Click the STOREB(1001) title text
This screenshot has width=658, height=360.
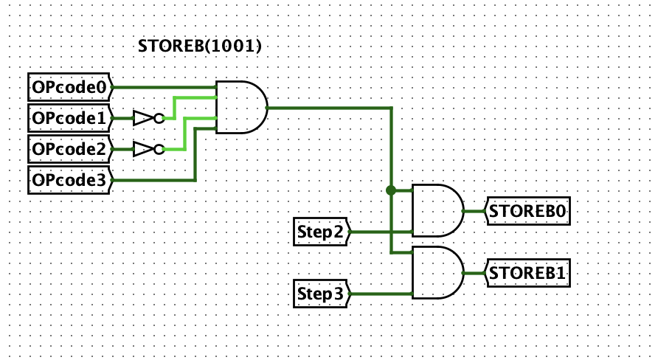[x=201, y=46]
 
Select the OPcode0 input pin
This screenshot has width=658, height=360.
[x=70, y=86]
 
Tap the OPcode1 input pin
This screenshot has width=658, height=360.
[x=70, y=117]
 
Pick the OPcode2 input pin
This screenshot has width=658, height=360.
[x=70, y=149]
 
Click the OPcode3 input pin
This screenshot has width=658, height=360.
[x=70, y=180]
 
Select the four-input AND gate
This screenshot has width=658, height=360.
[x=240, y=107]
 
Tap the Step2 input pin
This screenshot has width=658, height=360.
[x=321, y=232]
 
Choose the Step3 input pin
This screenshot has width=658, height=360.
[x=321, y=294]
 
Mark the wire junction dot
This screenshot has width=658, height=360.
[x=390, y=190]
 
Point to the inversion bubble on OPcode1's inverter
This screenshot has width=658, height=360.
[x=159, y=117]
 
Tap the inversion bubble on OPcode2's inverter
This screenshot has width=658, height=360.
[x=159, y=149]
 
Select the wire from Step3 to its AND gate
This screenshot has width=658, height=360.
[x=380, y=294]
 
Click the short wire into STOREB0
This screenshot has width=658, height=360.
[x=474, y=211]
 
